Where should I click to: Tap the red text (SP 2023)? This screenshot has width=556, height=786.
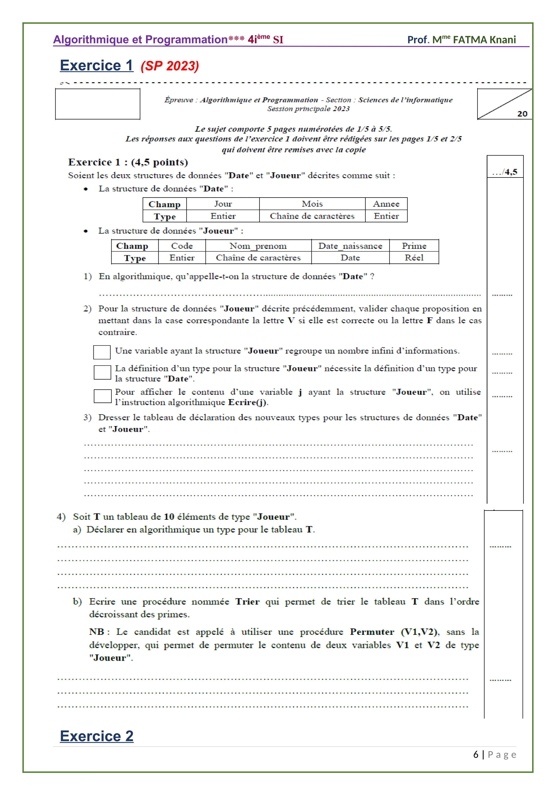pos(170,66)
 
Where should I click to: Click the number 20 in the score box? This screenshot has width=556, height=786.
pos(522,114)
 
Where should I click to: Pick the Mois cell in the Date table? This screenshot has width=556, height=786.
pos(312,204)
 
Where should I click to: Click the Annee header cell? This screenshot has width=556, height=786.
pos(386,204)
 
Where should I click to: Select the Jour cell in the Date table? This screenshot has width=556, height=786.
pos(223,204)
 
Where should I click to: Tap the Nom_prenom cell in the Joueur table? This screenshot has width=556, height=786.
pos(258,246)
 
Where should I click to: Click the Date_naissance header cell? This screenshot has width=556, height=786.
pos(350,246)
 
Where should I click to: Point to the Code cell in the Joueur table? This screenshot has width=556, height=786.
pos(182,246)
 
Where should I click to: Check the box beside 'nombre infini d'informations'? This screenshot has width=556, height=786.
pos(102,352)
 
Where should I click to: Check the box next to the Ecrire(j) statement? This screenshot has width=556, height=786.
pos(102,396)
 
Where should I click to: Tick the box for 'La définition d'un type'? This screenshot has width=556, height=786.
pos(102,372)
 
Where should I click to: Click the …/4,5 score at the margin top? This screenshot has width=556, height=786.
pos(505,172)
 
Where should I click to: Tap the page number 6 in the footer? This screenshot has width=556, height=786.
pos(476,755)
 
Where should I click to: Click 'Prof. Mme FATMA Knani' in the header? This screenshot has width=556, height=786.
pos(461,40)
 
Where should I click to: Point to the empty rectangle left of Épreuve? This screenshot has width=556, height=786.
pos(97,104)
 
